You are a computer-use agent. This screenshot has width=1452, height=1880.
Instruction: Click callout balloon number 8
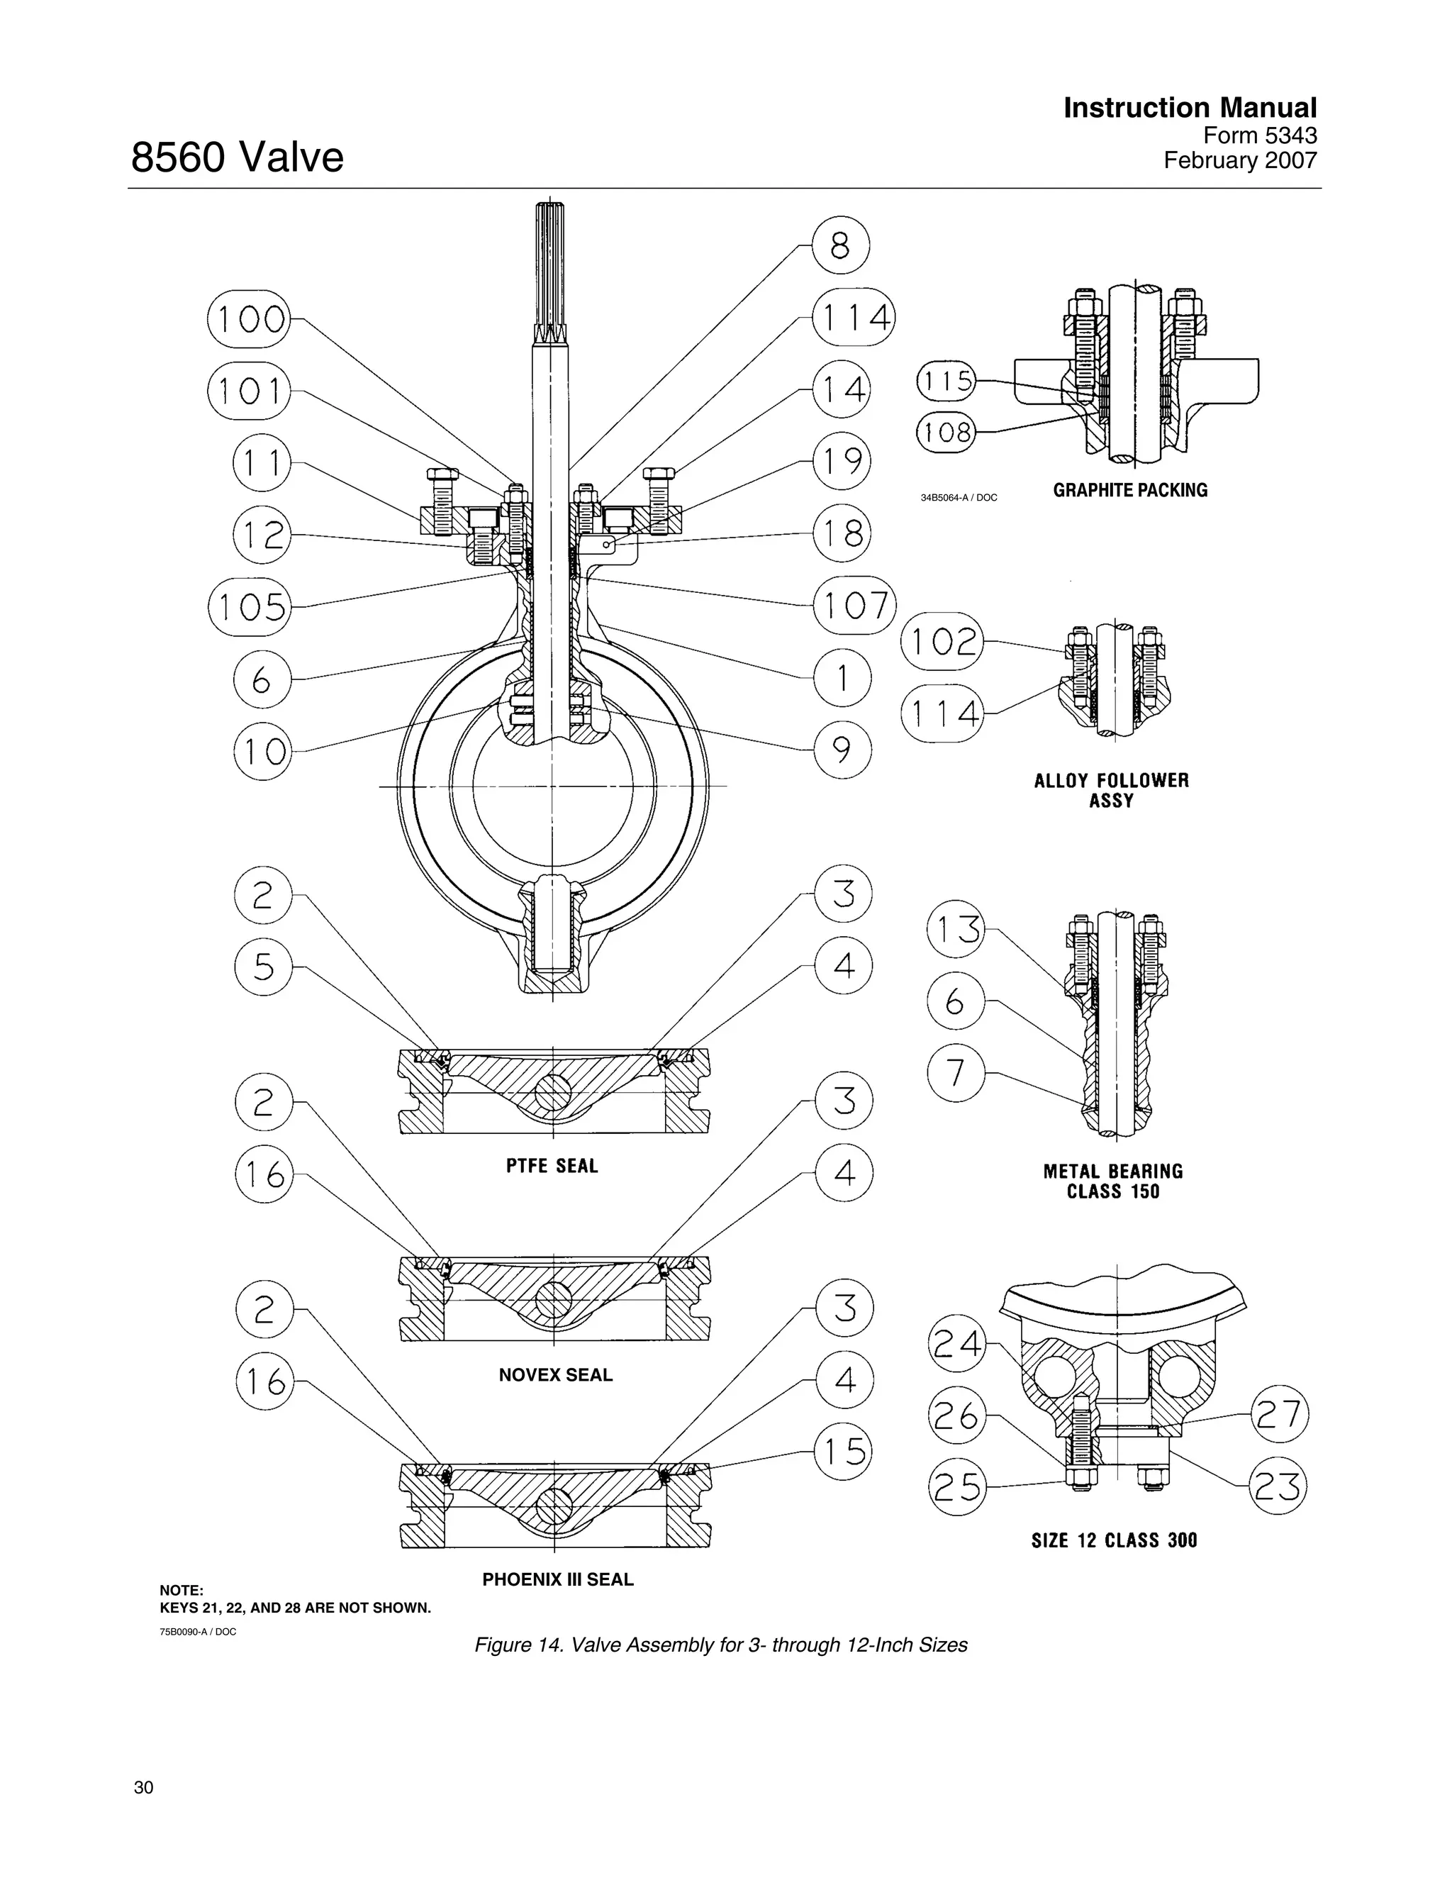(840, 246)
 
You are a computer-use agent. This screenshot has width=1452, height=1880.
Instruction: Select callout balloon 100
(250, 318)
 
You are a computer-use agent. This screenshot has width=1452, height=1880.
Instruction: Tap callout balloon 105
(250, 607)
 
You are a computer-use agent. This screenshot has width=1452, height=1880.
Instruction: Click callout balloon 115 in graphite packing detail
(946, 381)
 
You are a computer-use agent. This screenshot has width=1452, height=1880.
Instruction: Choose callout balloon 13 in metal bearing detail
(956, 929)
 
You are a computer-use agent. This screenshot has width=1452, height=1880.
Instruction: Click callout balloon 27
(1279, 1414)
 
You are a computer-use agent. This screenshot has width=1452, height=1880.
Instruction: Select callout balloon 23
(1278, 1486)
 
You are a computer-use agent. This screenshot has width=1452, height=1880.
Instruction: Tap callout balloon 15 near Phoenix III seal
(842, 1452)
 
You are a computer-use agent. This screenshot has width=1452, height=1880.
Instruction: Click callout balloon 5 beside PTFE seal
(262, 966)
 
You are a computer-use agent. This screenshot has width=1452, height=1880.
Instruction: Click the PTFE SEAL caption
(552, 1166)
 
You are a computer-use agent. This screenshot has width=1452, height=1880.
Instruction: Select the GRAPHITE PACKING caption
(1130, 490)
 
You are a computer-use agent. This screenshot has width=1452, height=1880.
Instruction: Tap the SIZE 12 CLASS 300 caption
(1114, 1540)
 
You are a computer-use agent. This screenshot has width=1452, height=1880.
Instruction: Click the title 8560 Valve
(237, 157)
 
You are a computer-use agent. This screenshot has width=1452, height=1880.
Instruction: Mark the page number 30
(144, 1788)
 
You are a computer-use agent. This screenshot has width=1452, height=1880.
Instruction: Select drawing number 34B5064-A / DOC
(959, 498)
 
